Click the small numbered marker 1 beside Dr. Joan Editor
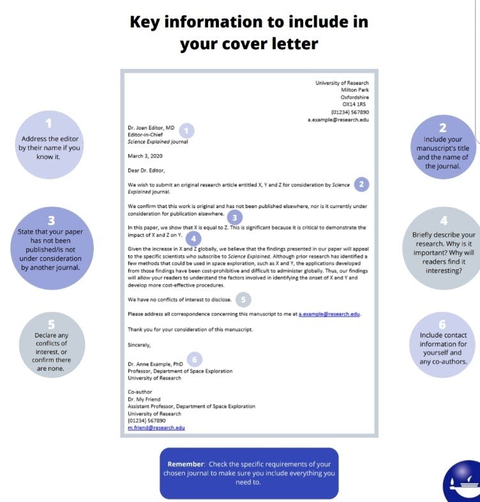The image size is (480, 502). (x=185, y=131)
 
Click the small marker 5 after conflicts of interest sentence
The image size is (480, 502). (x=243, y=299)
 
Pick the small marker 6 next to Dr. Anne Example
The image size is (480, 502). (x=195, y=359)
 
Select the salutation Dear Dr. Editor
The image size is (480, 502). (x=146, y=170)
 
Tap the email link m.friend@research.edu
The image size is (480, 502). (x=156, y=427)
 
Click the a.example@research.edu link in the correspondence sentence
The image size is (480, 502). (x=329, y=314)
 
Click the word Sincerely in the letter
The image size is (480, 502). (x=139, y=345)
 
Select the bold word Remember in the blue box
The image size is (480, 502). (x=186, y=464)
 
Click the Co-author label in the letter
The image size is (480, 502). (x=140, y=392)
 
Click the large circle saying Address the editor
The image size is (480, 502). (x=50, y=144)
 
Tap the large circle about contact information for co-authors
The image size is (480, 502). (x=442, y=348)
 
